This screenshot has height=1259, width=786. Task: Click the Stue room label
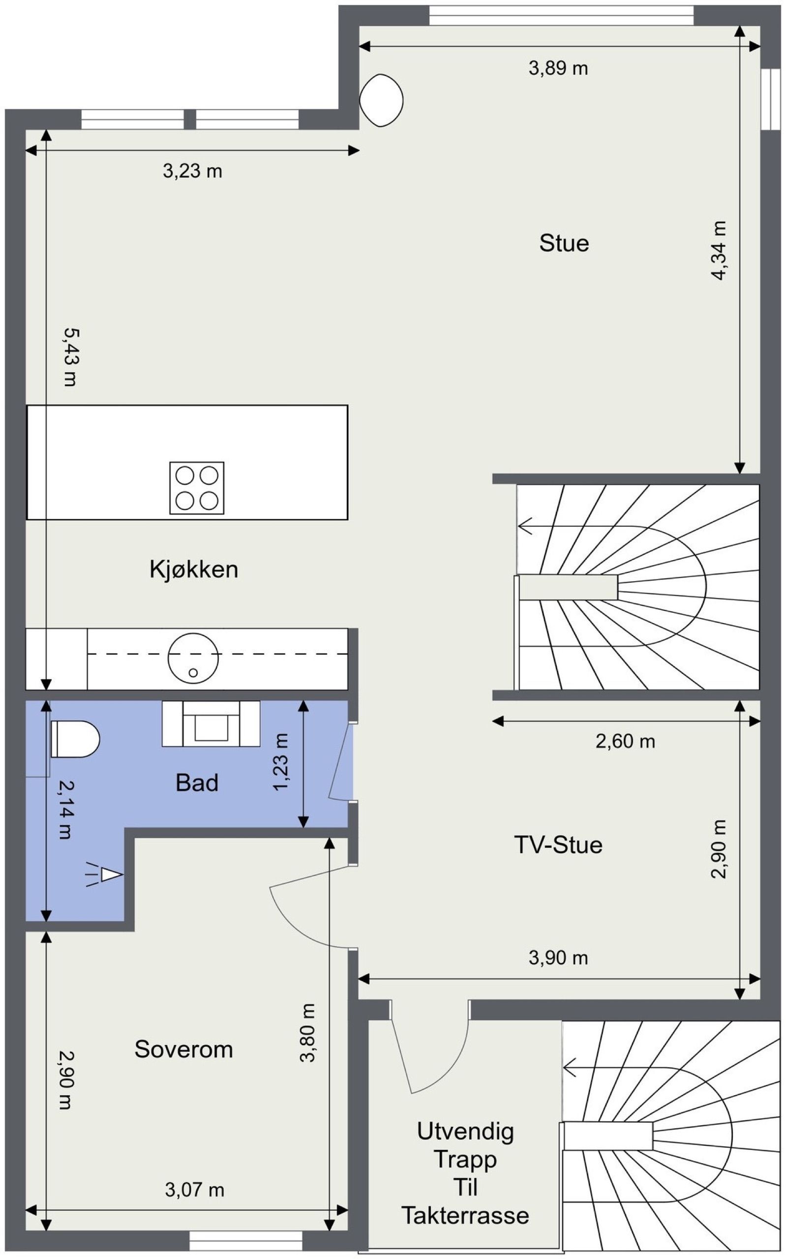[x=564, y=243]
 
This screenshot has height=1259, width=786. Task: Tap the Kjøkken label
[x=194, y=570]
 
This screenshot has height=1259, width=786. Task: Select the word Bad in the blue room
[x=197, y=782]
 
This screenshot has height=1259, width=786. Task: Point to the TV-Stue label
[x=558, y=845]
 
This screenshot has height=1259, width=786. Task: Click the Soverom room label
[x=183, y=1049]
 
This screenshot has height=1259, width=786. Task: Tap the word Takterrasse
[x=465, y=1215]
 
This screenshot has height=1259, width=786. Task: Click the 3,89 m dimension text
[x=558, y=68]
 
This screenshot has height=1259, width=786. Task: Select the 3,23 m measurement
[x=193, y=171]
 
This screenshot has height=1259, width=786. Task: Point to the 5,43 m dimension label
[x=70, y=357]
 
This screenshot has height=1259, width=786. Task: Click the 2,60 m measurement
[x=625, y=742]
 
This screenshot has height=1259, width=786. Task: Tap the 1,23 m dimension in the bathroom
[x=281, y=762]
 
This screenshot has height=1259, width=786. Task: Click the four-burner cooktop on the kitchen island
[x=197, y=488]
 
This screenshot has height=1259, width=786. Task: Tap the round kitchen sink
[x=193, y=659]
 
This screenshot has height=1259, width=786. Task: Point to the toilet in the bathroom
[x=75, y=739]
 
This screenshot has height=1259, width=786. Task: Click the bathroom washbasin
[x=211, y=724]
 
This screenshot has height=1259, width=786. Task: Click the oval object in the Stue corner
[x=382, y=99]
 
